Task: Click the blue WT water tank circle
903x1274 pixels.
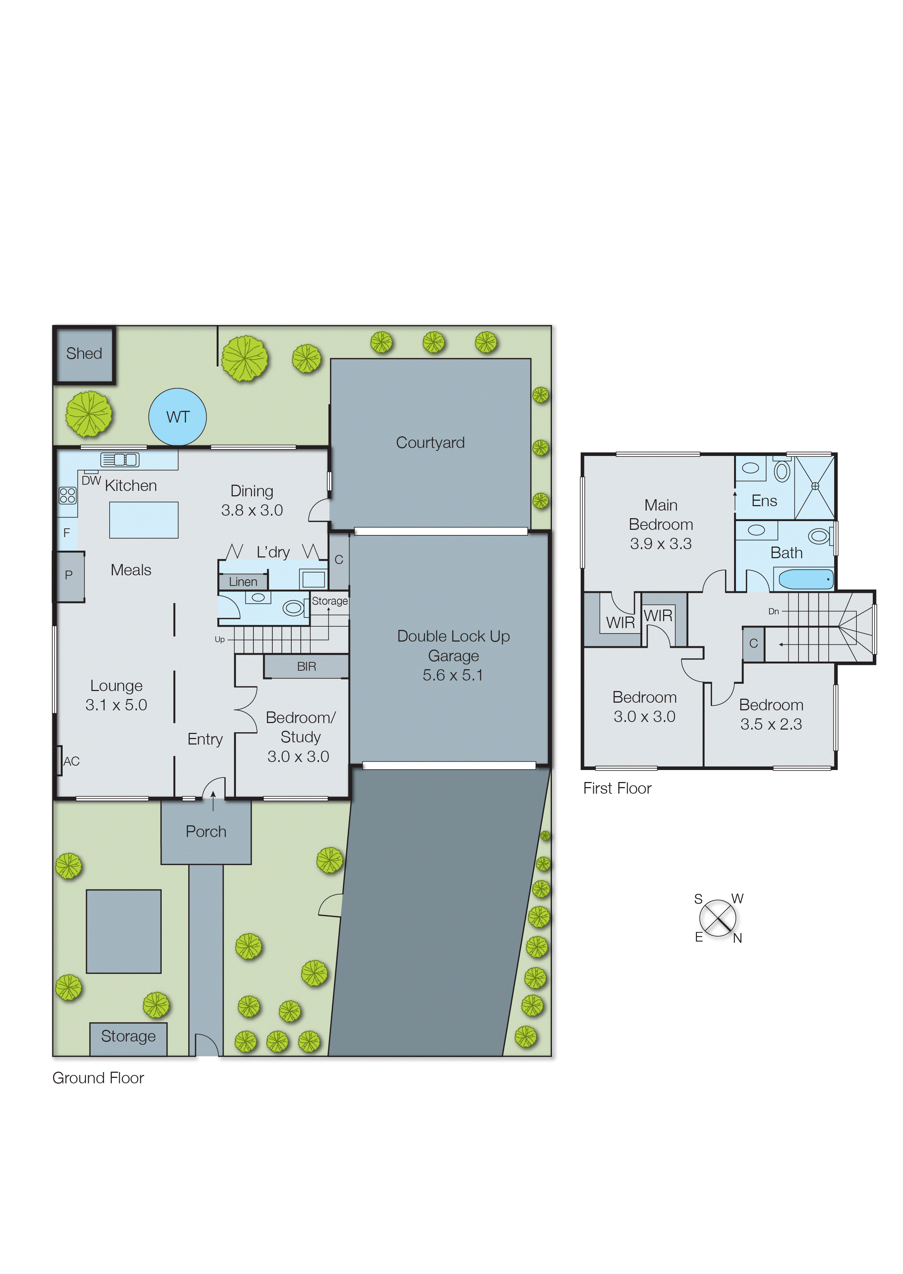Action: (x=177, y=417)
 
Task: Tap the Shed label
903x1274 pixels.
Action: (x=84, y=353)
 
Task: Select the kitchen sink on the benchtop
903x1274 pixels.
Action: (x=119, y=460)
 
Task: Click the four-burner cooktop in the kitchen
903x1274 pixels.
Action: (x=67, y=495)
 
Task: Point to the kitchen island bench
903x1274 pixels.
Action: (x=143, y=520)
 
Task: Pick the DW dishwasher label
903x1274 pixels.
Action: (x=91, y=481)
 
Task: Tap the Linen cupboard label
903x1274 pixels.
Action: (x=243, y=582)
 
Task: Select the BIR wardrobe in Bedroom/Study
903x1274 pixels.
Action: (x=306, y=666)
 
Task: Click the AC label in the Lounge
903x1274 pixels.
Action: (x=71, y=761)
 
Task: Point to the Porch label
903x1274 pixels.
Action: (x=206, y=832)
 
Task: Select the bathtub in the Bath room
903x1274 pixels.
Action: (x=806, y=579)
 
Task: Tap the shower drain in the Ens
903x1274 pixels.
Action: (x=815, y=486)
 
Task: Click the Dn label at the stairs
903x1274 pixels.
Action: (x=773, y=611)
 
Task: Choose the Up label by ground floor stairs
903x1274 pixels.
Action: (x=220, y=639)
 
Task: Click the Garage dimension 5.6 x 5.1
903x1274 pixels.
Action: (x=453, y=675)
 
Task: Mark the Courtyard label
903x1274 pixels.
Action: (x=430, y=443)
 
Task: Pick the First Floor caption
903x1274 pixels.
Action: (x=617, y=789)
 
